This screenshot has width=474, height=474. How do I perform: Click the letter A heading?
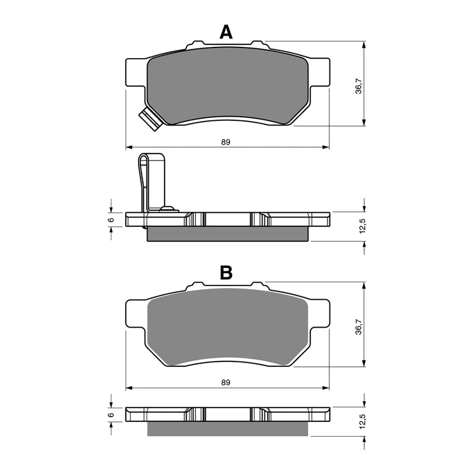[x=226, y=31]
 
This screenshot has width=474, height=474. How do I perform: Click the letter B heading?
[x=226, y=273]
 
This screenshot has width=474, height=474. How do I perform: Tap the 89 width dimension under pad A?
[x=226, y=142]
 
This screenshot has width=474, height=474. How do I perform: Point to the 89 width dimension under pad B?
[x=226, y=383]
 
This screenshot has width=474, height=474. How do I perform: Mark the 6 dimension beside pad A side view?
[x=111, y=219]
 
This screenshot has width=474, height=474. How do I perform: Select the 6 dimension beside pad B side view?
[x=111, y=415]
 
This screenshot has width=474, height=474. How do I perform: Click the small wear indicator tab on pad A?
[x=151, y=120]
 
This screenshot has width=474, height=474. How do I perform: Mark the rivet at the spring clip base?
[x=169, y=208]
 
